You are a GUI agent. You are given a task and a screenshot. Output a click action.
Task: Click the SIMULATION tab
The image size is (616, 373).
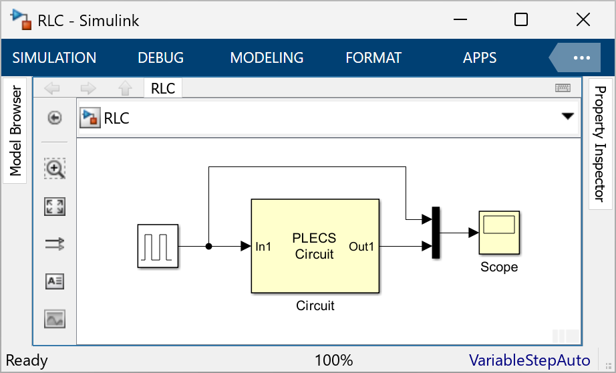point(54,58)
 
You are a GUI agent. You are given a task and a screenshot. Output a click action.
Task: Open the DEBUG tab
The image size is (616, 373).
point(160,58)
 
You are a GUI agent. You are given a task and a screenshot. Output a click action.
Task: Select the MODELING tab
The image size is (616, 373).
point(267,58)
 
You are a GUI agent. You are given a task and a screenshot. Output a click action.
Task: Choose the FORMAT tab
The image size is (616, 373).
point(373,58)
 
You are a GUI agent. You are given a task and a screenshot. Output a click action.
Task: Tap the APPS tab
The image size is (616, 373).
point(480,58)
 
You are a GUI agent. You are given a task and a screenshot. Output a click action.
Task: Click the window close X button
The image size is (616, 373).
point(583,20)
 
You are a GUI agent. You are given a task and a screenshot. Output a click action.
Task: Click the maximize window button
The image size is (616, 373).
point(521,20)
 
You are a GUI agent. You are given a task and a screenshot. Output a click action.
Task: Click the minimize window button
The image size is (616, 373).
point(460,20)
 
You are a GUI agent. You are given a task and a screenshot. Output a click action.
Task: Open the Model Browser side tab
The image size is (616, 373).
point(15,131)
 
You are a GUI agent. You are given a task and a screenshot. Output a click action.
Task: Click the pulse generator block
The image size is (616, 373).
point(158,246)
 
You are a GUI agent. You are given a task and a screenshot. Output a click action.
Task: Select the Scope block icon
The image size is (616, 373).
point(499,233)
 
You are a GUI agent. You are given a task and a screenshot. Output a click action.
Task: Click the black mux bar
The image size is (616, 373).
point(436,233)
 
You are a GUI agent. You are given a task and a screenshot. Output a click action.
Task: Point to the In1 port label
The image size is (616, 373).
point(264,247)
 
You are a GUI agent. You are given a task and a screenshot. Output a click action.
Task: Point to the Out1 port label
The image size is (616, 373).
point(361,247)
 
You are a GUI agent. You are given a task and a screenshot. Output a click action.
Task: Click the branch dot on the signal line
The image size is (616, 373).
point(209,247)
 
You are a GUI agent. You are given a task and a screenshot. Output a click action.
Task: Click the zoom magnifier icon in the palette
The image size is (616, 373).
point(55,169)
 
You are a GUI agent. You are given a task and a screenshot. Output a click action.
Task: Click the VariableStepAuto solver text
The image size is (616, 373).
point(529,361)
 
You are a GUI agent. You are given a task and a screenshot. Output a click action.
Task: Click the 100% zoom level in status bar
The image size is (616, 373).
point(333,361)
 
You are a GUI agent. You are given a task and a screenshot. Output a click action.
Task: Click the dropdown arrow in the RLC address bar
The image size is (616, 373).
point(567,116)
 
